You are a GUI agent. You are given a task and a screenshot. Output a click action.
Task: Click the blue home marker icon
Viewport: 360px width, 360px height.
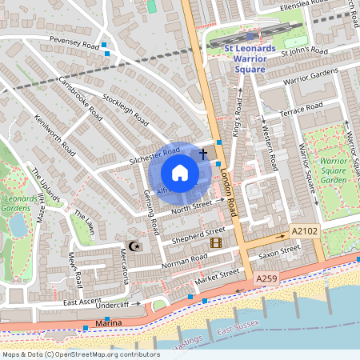point(180,173)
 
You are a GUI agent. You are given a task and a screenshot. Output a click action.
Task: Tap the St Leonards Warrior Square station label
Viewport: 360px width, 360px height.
point(249,58)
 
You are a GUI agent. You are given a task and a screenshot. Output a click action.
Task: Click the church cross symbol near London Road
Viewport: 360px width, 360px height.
point(203,152)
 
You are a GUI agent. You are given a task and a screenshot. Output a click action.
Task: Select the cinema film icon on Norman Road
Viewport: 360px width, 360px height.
point(215,242)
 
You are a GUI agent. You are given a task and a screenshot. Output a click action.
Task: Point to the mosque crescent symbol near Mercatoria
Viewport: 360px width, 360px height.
point(134,246)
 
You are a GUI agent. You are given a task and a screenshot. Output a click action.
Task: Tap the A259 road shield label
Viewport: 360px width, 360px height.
point(268,278)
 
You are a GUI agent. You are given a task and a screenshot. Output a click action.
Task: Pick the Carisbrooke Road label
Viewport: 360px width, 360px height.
point(81,96)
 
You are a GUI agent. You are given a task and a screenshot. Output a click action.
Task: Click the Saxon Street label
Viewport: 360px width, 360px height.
point(274,254)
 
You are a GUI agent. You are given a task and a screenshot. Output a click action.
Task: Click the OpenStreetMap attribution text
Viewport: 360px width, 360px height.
point(81,354)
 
